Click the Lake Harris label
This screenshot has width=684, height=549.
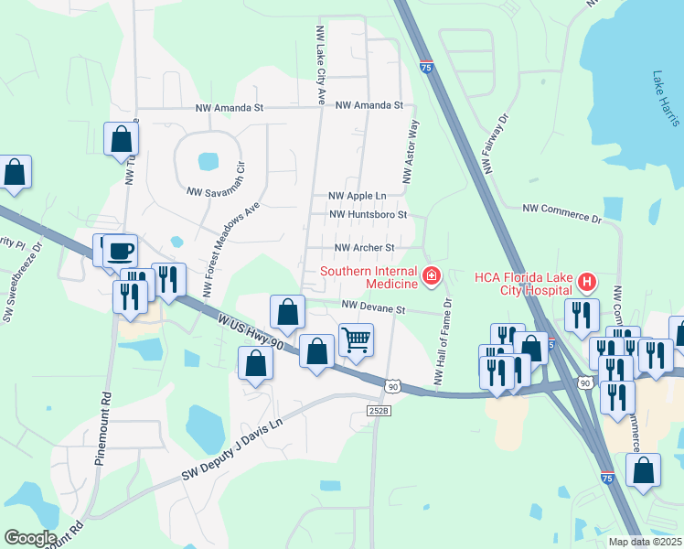[x=664, y=99]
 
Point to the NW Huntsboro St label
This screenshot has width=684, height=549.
[x=367, y=215]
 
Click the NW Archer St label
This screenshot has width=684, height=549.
[x=363, y=248]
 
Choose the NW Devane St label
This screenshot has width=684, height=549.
[x=373, y=309]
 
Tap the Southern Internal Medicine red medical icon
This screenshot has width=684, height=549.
[x=430, y=274]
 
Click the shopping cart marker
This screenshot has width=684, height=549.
[x=356, y=339]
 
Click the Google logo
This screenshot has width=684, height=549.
[x=30, y=538]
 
